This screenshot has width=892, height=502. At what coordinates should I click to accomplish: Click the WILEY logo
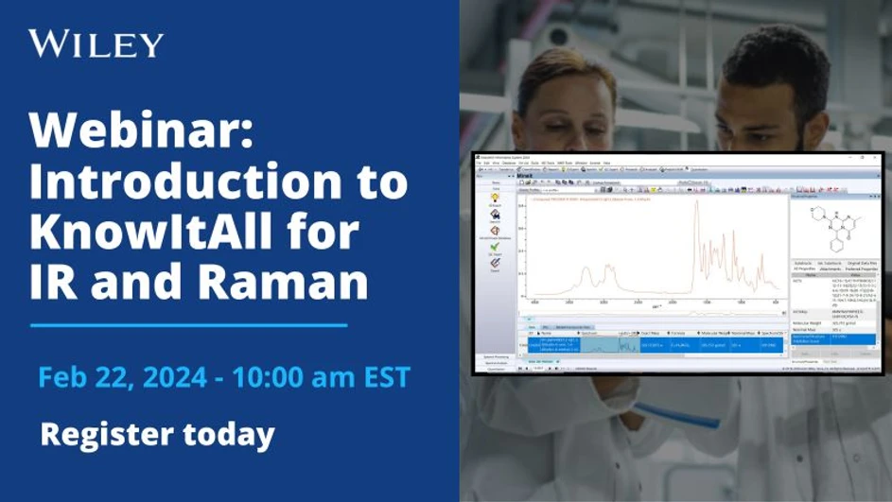96,43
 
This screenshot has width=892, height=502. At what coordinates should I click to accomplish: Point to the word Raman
285,283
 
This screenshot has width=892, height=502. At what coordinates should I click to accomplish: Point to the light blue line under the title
188,324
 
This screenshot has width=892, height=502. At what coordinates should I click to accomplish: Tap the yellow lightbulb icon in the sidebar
495,196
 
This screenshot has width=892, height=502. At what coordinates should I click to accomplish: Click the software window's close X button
875,158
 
